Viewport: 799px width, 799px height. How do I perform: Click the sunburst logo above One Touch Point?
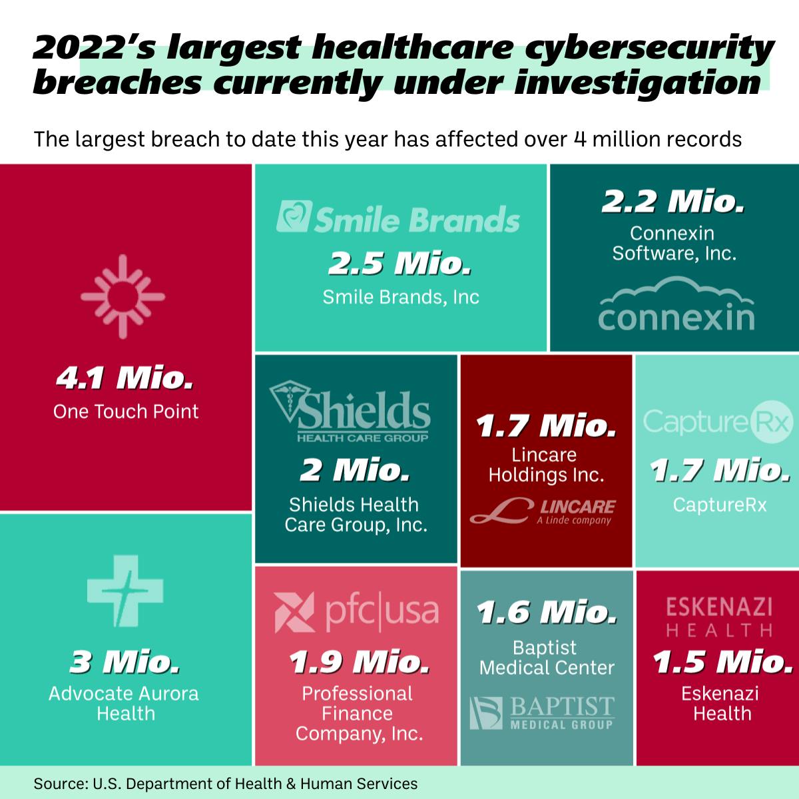[123, 295]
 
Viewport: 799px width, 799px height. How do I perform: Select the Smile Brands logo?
[398, 219]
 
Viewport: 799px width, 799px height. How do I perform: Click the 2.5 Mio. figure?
[400, 264]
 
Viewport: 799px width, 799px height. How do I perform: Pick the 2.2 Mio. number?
[672, 202]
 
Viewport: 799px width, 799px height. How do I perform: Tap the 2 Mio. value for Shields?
[354, 471]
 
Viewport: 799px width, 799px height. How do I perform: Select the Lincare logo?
[543, 511]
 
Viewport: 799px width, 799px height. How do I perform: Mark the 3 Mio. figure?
[125, 663]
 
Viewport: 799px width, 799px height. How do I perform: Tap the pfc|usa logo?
[357, 611]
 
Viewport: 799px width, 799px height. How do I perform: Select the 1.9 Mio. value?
[358, 663]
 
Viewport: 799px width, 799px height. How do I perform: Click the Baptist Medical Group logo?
[542, 712]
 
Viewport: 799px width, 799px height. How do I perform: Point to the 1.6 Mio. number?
[545, 611]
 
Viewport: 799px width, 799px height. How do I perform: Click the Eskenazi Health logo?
[720, 617]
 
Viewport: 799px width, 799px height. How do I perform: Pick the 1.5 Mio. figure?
[722, 663]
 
